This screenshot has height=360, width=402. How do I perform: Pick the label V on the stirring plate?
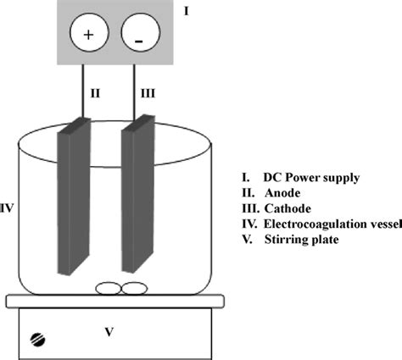(109, 332)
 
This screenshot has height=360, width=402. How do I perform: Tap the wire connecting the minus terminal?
(135, 89)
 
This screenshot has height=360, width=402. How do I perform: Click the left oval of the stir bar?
(107, 289)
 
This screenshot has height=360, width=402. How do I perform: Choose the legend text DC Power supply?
(310, 178)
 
